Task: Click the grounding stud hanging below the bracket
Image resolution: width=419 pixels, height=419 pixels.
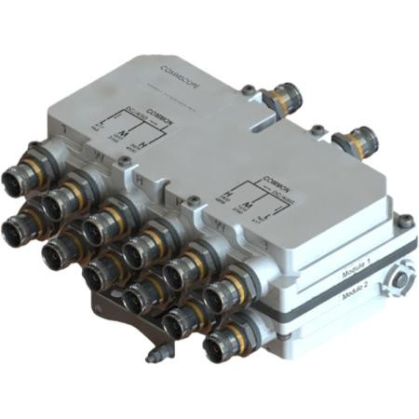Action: click(x=155, y=356)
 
